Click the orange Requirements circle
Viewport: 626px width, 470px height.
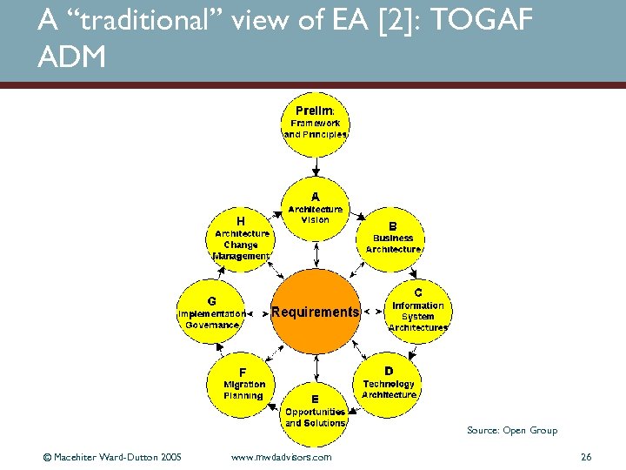click(315, 312)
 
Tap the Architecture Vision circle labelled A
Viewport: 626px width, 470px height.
click(316, 212)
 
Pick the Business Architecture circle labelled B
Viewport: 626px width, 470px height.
click(392, 239)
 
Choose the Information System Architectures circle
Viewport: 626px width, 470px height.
click(417, 311)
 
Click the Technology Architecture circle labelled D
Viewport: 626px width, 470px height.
click(389, 386)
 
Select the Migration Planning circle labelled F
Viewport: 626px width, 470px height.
click(243, 386)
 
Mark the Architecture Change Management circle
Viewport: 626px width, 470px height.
click(241, 239)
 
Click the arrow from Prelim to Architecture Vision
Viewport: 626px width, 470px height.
click(316, 166)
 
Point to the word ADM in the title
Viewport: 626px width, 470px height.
click(72, 57)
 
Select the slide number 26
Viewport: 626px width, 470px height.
click(585, 456)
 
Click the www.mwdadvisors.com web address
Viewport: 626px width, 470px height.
click(282, 456)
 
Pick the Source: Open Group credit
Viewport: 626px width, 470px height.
click(511, 430)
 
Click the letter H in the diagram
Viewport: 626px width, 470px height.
click(241, 221)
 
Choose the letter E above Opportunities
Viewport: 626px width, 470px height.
click(315, 399)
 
